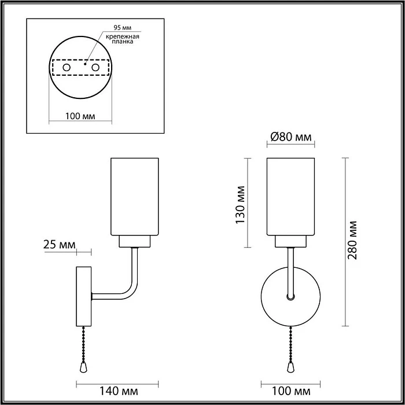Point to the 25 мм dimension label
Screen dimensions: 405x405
point(60,245)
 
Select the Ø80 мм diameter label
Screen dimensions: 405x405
point(291,138)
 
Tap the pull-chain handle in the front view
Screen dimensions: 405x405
point(291,368)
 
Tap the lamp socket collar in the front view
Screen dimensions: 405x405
point(291,241)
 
